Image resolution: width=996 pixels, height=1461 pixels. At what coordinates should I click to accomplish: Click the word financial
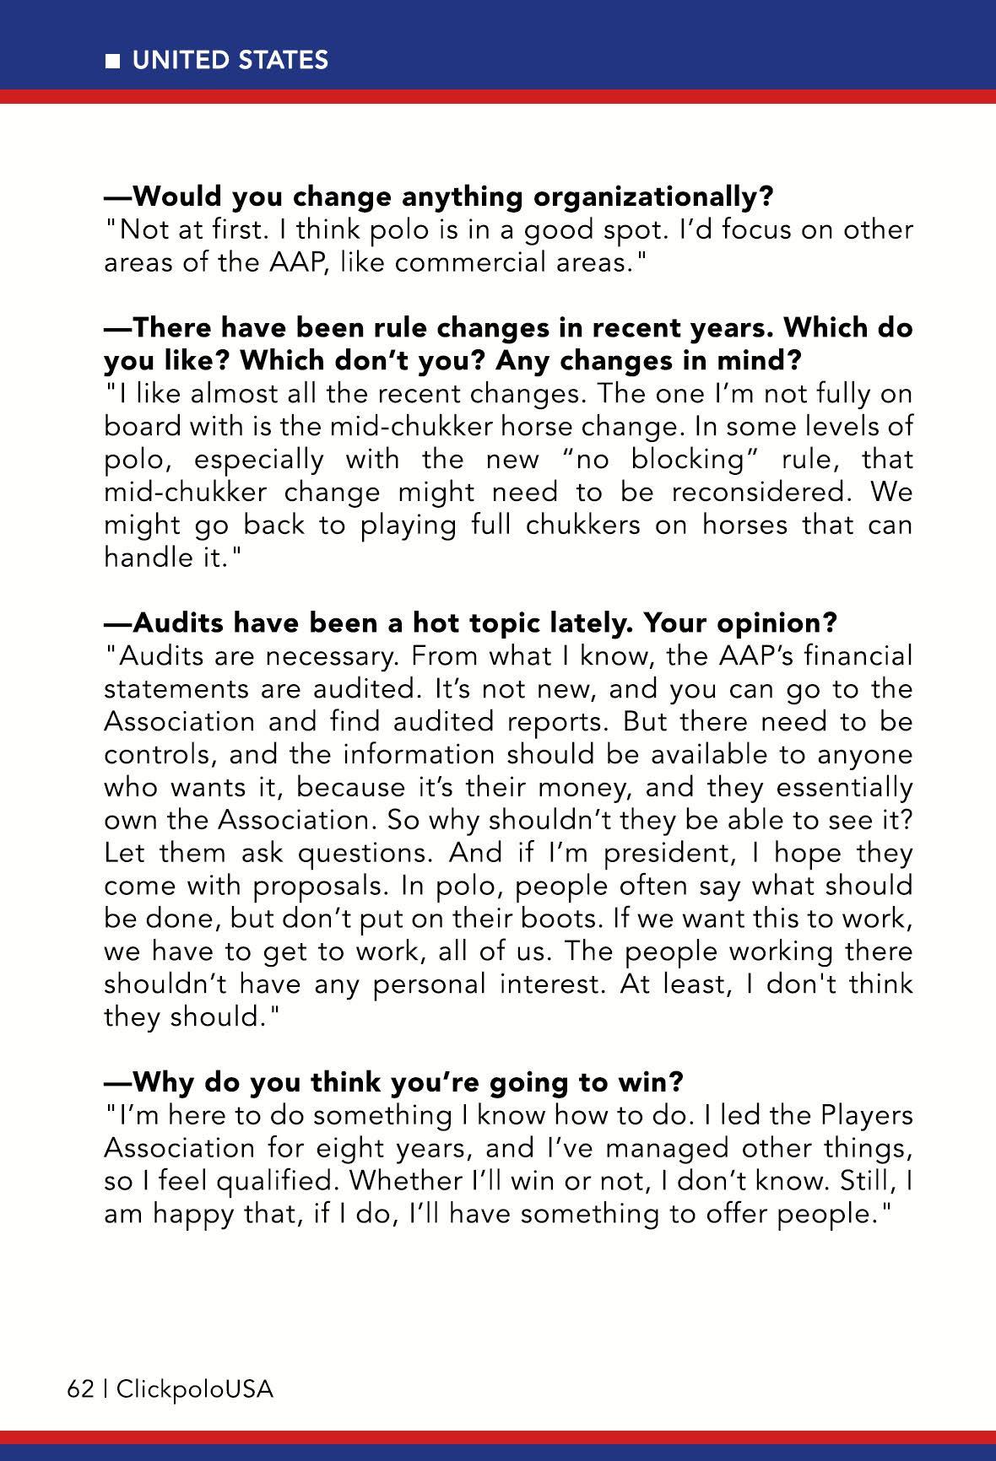857,655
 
